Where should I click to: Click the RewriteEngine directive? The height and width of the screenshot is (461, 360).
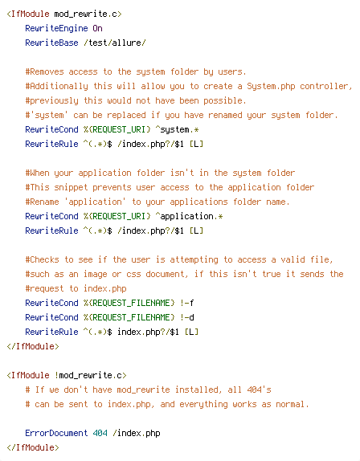pos(56,28)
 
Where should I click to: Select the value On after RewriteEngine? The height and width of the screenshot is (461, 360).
pos(98,28)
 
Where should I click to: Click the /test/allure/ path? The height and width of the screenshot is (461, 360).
pos(115,43)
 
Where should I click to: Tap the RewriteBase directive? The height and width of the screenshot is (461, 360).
pos(51,43)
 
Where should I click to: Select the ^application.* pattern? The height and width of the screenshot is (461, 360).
pos(189,216)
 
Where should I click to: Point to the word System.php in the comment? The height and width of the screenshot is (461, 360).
pos(271,86)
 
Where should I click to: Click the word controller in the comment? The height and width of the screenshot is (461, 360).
pos(325,86)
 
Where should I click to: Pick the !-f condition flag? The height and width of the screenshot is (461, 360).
pos(186,303)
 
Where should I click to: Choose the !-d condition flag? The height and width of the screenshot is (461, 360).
pos(186,317)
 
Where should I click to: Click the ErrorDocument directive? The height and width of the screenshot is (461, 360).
pos(56,433)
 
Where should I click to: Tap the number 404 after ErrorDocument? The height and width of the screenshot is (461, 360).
pos(100,433)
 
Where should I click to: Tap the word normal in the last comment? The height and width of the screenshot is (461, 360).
pos(290,404)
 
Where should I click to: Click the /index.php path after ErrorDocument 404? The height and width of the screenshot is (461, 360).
pos(137,433)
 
